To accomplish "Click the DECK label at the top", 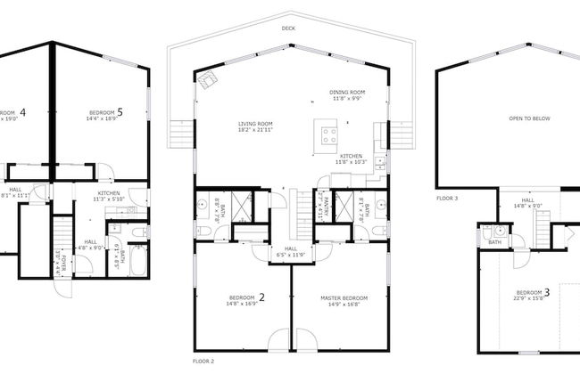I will pyautogui.click(x=288, y=28).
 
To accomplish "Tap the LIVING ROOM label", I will pyautogui.click(x=254, y=124).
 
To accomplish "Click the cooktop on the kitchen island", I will pyautogui.click(x=328, y=137).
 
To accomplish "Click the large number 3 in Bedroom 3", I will pyautogui.click(x=546, y=291).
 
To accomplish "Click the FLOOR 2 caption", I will pyautogui.click(x=203, y=362).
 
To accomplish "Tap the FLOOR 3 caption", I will pyautogui.click(x=447, y=198).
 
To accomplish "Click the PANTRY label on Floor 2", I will pyautogui.click(x=324, y=207).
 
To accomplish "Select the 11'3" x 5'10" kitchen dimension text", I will pyautogui.click(x=114, y=200).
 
